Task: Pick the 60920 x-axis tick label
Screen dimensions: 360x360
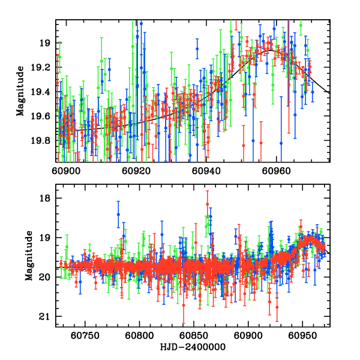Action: click(x=134, y=170)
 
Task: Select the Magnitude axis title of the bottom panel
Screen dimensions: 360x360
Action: click(x=28, y=256)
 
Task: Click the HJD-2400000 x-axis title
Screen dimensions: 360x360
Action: click(x=193, y=347)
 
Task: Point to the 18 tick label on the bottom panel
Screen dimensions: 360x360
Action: click(x=46, y=199)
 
